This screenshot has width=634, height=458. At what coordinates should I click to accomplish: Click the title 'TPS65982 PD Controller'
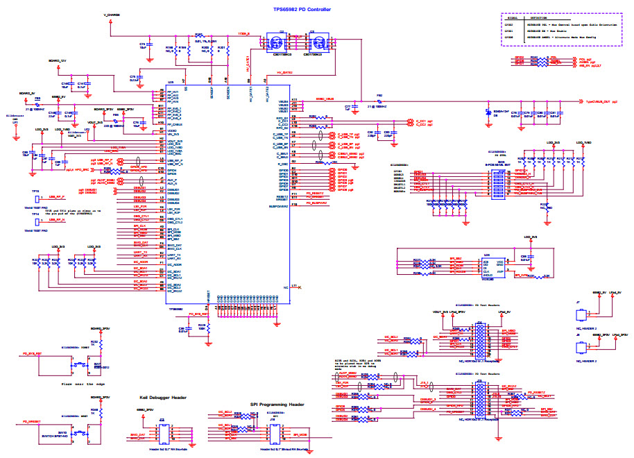tap(302, 9)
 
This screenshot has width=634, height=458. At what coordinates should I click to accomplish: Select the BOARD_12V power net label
tap(58, 61)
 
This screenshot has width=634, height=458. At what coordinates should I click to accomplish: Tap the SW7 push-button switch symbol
tap(80, 363)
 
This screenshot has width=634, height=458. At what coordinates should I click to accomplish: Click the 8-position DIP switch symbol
tap(498, 183)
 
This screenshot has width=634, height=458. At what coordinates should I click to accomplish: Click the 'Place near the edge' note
tap(83, 383)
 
